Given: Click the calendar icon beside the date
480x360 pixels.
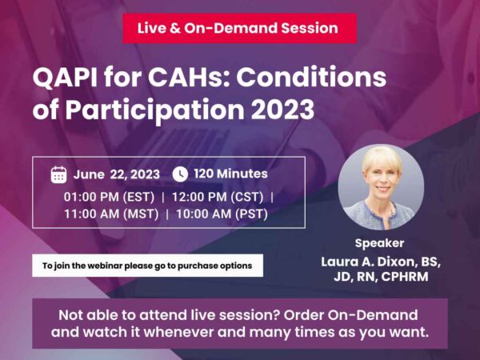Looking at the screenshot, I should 58,174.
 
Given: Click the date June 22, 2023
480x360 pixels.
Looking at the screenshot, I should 117,174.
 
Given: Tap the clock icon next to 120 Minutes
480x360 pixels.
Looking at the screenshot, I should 180,174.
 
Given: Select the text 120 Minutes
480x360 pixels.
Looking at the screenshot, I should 231,174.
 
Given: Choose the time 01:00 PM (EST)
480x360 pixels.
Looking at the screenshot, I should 110,195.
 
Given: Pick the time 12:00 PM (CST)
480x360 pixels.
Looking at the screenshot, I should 215,195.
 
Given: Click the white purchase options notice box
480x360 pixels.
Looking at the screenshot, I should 147,266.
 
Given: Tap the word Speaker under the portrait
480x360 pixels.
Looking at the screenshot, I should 379,243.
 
